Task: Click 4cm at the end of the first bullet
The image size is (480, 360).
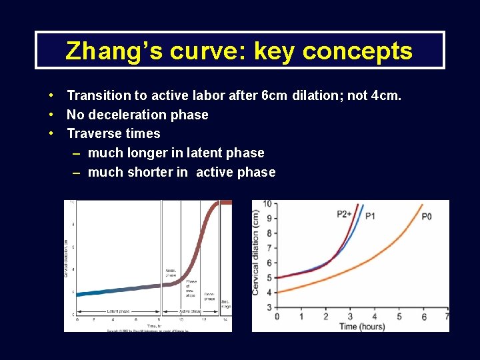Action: [387, 95]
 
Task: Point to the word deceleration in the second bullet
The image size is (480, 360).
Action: [125, 115]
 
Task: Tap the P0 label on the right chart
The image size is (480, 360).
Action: [427, 216]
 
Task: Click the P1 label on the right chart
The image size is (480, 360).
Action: [370, 215]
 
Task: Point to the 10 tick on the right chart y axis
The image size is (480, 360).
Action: [267, 203]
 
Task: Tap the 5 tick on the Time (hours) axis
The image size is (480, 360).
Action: [399, 317]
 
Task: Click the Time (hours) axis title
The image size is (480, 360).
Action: [362, 327]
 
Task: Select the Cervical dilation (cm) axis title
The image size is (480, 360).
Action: [257, 253]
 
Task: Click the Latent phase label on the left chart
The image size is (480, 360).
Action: [117, 311]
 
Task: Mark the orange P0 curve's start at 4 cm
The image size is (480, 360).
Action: [278, 292]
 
